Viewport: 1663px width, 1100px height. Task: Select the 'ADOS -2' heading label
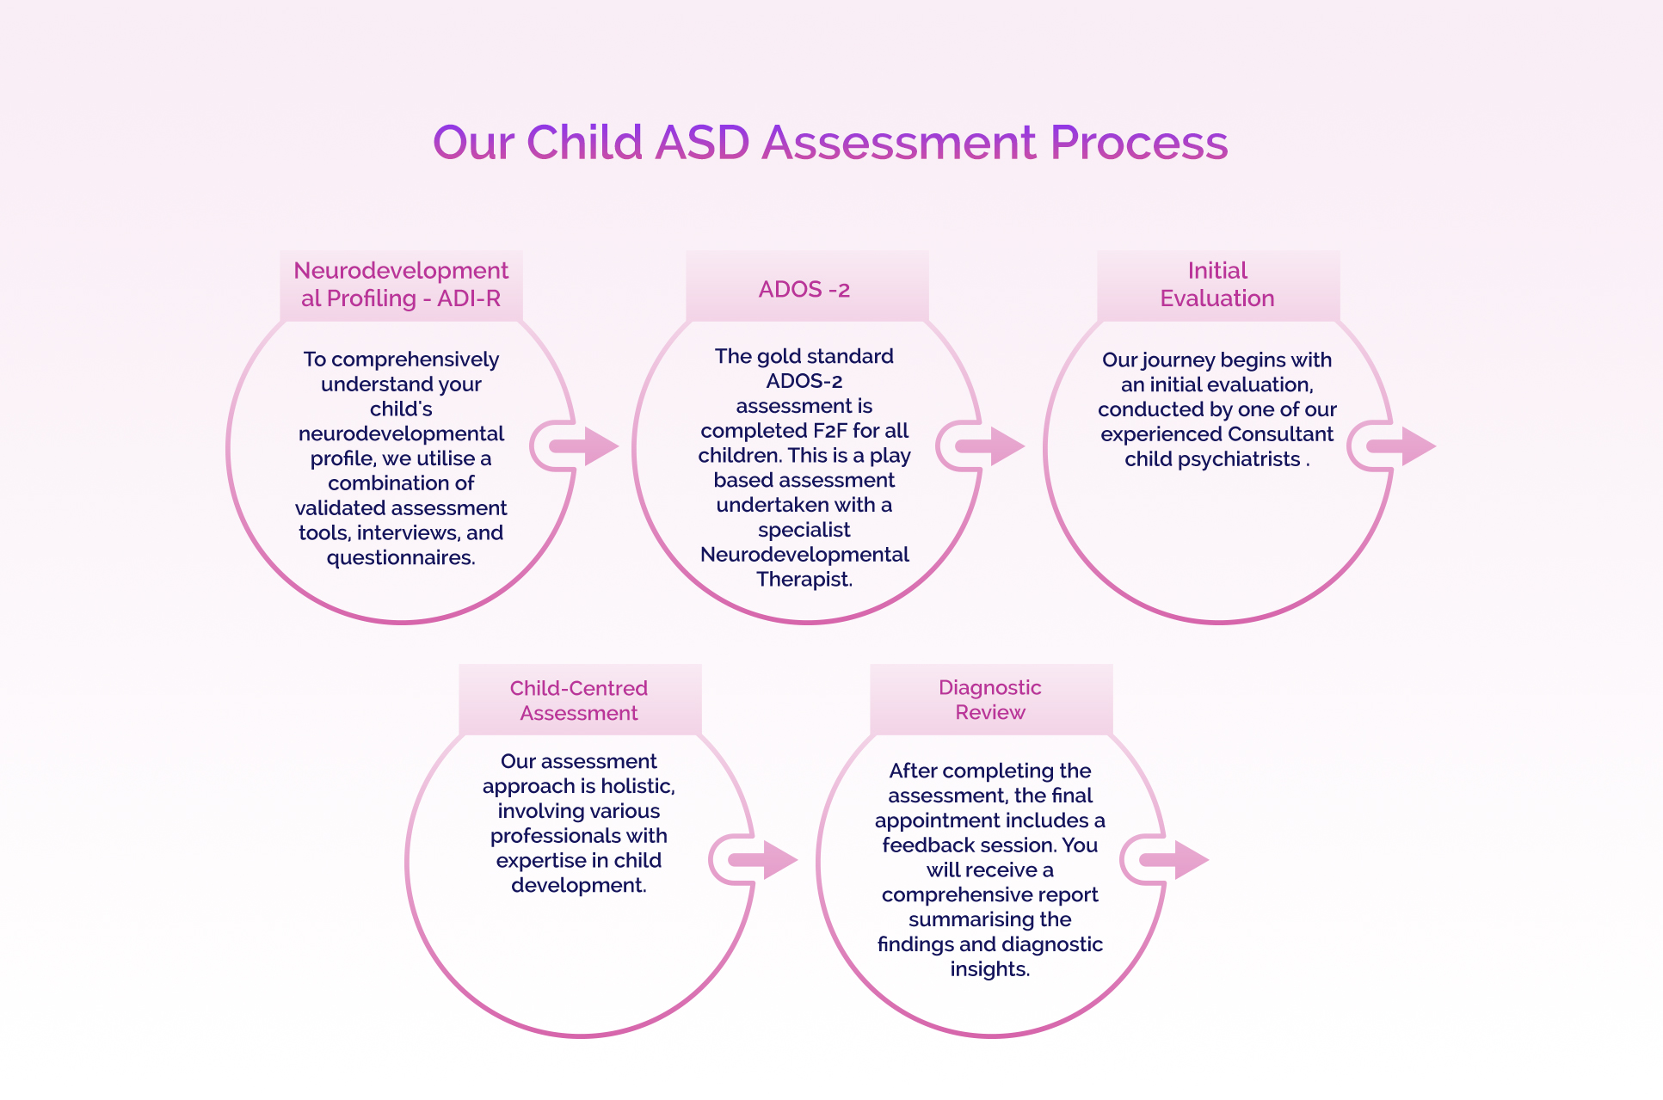(804, 290)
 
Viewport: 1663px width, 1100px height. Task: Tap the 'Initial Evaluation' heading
(1217, 285)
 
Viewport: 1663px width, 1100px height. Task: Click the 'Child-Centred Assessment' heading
(579, 701)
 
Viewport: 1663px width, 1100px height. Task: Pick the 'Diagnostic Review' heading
(990, 700)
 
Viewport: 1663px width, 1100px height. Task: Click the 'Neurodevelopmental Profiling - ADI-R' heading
(401, 285)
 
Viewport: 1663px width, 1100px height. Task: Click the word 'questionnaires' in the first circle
(399, 558)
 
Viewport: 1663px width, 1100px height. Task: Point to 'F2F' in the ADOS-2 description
(829, 431)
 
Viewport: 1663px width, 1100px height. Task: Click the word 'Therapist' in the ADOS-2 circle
(803, 580)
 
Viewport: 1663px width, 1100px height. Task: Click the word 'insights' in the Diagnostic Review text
(989, 969)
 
